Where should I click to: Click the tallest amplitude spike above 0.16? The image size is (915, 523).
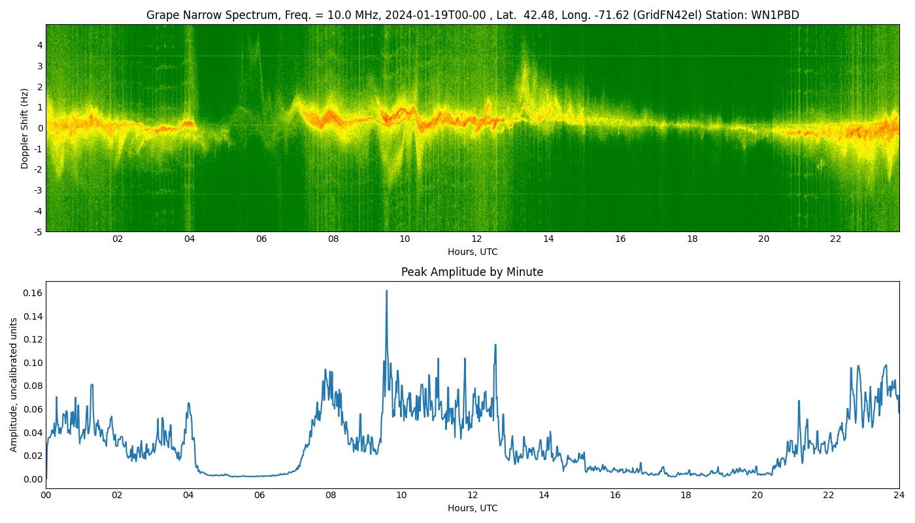tap(386, 292)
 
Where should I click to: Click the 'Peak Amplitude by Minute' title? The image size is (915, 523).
tap(472, 272)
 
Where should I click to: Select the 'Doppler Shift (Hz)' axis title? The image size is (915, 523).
tap(25, 128)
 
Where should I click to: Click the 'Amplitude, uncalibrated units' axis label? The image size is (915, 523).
tap(14, 384)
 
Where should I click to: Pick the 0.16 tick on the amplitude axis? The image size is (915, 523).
tap(32, 293)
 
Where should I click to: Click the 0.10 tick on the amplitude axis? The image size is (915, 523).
tap(32, 363)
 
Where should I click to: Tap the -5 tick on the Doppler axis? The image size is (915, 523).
tap(38, 231)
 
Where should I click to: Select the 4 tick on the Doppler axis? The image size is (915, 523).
tap(40, 45)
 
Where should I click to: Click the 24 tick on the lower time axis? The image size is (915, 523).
tap(899, 495)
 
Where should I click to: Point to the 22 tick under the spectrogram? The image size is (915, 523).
tap(835, 239)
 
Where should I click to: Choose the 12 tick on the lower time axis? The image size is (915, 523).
tap(473, 495)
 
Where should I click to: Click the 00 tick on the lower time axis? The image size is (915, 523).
tap(46, 495)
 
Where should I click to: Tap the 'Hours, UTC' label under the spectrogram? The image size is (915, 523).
tap(472, 252)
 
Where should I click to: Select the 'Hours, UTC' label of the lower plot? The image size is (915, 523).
tap(472, 508)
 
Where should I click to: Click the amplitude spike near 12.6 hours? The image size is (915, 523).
tap(495, 345)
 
